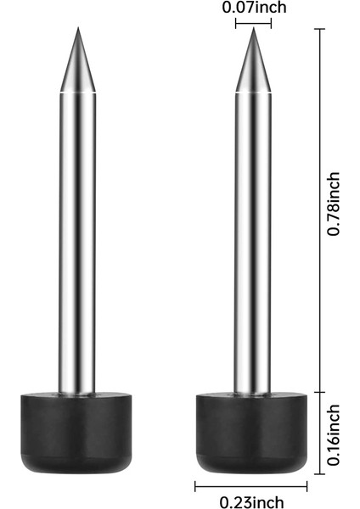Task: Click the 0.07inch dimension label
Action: (254, 8)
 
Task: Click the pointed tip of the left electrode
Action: (76, 28)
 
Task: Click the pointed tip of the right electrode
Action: (252, 29)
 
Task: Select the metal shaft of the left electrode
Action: (76, 238)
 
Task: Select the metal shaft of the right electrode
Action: (251, 238)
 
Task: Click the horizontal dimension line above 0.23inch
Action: (250, 485)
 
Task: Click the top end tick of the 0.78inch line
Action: (320, 29)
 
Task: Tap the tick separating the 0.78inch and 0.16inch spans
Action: (320, 391)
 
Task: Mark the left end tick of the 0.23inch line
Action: (195, 485)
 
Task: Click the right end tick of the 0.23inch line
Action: (307, 485)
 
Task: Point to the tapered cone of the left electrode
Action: (76, 64)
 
